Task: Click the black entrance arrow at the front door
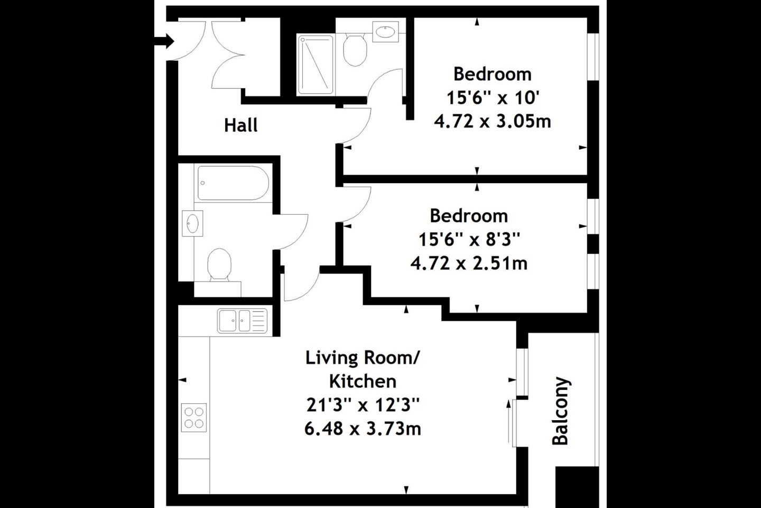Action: tap(164, 41)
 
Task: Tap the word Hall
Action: tap(241, 125)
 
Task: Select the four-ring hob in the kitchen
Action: tap(194, 417)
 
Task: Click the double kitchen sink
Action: tap(242, 321)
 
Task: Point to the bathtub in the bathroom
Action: tap(234, 183)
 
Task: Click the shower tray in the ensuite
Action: tap(315, 65)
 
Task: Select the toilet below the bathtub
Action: tap(220, 266)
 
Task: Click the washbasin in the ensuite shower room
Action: tap(386, 32)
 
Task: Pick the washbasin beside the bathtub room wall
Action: tap(192, 223)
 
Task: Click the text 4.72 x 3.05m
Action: tap(493, 122)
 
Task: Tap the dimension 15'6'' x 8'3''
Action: tap(469, 240)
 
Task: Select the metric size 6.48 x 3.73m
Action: tap(363, 429)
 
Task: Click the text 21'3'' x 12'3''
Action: tap(363, 405)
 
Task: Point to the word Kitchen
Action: tap(363, 381)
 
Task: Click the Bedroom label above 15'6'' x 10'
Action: tap(493, 74)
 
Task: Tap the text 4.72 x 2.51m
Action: tap(469, 264)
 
